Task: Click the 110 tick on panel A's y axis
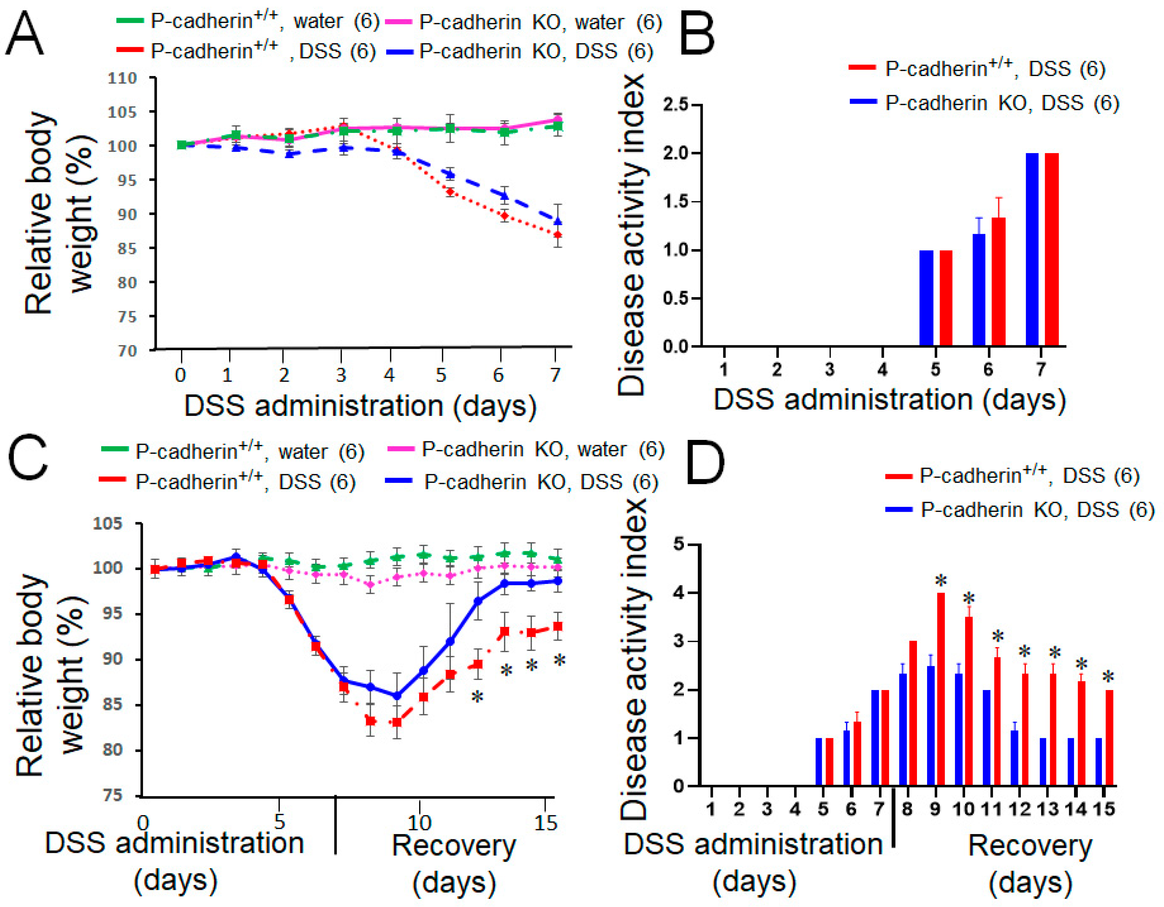(122, 78)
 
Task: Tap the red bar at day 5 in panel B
(946, 298)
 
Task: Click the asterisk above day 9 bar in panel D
(941, 581)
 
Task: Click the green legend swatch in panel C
(114, 450)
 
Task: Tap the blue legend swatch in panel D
(898, 509)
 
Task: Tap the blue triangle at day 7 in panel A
(558, 221)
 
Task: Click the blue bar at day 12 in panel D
(1014, 758)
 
